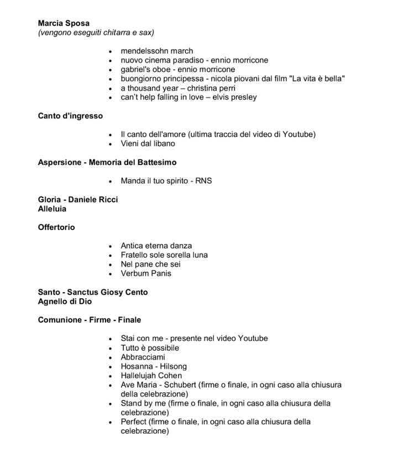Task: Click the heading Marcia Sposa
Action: pyautogui.click(x=64, y=23)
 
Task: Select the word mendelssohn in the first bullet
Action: pyautogui.click(x=145, y=51)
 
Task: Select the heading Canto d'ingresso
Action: pyautogui.click(x=70, y=116)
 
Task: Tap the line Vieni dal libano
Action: pyautogui.click(x=148, y=144)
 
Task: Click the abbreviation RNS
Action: pyautogui.click(x=203, y=181)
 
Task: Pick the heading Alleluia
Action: pyautogui.click(x=52, y=209)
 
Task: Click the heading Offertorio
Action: pyautogui.click(x=56, y=227)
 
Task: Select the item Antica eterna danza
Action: pyautogui.click(x=156, y=246)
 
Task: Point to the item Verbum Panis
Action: pyautogui.click(x=146, y=273)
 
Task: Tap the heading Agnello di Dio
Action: pyautogui.click(x=65, y=302)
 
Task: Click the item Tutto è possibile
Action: pyautogui.click(x=150, y=348)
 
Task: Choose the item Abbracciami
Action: pyautogui.click(x=143, y=357)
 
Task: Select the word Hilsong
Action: pyautogui.click(x=173, y=366)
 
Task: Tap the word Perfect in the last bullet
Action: pyautogui.click(x=133, y=422)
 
